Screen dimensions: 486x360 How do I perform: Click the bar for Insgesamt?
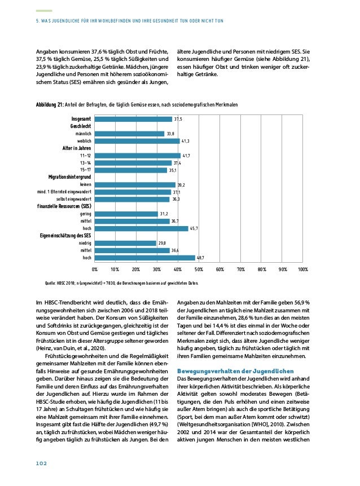133,119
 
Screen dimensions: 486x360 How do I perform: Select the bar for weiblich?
137,141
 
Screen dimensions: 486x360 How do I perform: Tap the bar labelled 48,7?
145,258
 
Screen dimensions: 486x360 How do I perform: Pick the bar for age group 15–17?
130,170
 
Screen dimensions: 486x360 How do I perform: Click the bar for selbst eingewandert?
132,199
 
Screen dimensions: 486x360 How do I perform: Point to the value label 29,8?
163,243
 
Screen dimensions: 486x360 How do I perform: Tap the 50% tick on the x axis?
199,270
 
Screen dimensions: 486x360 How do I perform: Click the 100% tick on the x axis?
302,270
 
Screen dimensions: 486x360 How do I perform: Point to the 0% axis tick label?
95,270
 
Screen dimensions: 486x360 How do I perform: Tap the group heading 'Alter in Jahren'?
77,148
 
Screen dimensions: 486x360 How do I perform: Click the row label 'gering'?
86,214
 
